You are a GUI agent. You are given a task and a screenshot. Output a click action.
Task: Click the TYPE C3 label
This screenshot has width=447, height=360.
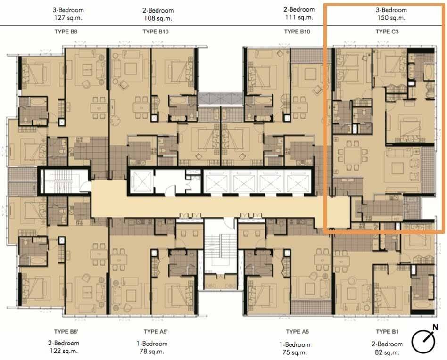387,32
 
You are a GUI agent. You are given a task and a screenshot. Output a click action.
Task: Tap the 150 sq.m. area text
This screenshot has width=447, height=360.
391,17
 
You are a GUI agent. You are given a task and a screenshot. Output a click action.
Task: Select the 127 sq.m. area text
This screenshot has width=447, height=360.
68,17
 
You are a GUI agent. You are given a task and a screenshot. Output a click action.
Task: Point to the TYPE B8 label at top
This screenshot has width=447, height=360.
66,32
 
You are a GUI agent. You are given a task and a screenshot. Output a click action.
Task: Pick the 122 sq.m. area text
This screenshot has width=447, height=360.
64,351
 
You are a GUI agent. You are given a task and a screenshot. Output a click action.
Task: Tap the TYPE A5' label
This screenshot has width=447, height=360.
156,332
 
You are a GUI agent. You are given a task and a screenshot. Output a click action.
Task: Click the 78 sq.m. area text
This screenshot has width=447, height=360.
152,351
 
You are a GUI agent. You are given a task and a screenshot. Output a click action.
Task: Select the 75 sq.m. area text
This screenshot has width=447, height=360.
295,352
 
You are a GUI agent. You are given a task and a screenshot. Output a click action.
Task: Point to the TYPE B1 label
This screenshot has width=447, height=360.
387,332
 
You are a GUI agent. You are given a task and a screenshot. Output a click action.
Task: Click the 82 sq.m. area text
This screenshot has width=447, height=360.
387,352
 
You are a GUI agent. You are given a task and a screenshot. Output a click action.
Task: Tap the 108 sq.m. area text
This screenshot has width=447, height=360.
158,18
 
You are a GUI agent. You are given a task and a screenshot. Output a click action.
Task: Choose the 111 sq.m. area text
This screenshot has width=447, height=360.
299,17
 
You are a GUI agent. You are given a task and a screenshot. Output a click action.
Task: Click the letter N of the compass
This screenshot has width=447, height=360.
435,327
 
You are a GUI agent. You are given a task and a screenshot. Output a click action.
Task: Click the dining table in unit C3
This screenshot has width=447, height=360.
352,155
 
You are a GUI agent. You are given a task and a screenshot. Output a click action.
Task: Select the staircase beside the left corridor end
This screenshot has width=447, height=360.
61,181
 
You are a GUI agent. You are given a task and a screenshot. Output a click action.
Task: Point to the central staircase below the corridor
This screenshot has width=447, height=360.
221,251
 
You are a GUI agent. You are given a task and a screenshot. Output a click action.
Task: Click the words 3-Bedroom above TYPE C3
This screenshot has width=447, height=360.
391,10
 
